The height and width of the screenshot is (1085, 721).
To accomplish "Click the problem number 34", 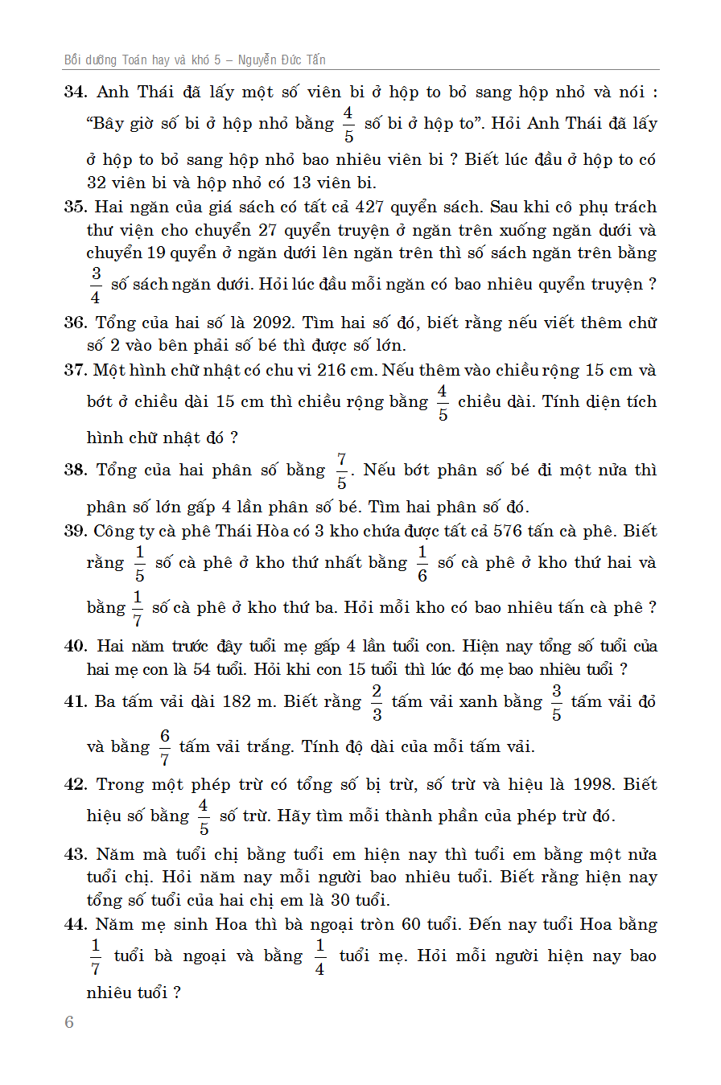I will click(75, 92).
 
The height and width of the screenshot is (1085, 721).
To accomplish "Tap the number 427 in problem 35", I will click(373, 207).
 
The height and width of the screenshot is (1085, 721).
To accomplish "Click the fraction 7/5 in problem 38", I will click(341, 471).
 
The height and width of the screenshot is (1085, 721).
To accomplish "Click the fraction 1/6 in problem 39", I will click(422, 563).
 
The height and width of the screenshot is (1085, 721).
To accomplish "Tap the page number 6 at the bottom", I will click(69, 1022).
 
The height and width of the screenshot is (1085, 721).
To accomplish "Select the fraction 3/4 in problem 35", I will click(96, 285).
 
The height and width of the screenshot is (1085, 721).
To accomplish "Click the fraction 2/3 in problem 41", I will click(377, 702).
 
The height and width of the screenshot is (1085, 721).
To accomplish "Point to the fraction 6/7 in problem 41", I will click(165, 747).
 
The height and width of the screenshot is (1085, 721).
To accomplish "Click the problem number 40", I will click(75, 647).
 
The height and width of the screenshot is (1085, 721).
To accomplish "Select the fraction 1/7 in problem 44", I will click(96, 956).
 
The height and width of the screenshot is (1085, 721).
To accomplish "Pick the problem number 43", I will click(75, 855).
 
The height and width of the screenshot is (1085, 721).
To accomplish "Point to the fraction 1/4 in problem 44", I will click(319, 956).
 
